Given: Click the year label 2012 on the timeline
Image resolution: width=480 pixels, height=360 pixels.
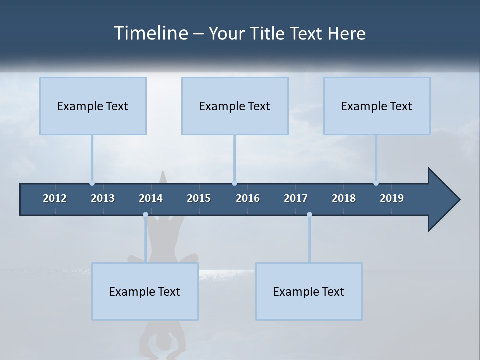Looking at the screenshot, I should [55, 198].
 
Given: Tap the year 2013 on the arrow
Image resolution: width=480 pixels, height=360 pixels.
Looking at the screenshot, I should [103, 198].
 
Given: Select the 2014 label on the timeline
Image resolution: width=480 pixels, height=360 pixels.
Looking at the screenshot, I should [151, 198].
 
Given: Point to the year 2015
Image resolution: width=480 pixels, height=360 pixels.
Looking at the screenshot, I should [199, 198].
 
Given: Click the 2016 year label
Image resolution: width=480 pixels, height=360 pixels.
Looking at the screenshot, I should [248, 198].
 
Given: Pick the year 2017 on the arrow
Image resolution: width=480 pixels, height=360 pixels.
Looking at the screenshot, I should [296, 198].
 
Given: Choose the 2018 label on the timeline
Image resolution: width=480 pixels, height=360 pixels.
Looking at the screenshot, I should [344, 198].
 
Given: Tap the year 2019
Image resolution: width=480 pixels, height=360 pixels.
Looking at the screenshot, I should [392, 198].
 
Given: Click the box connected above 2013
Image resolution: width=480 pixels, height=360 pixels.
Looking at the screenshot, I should [93, 106].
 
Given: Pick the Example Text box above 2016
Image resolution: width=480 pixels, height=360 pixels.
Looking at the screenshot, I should [235, 106].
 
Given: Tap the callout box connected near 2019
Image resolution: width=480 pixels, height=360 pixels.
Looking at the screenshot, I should [377, 106].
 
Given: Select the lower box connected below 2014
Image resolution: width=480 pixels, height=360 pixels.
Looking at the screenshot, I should [145, 291].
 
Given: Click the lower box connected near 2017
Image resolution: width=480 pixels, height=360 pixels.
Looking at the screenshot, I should [309, 291].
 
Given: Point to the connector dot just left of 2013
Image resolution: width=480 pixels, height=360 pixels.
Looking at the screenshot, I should [92, 183].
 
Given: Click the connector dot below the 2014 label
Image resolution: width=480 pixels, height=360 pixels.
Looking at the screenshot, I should [145, 215].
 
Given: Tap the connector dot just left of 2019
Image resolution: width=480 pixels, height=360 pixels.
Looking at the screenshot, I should [376, 183].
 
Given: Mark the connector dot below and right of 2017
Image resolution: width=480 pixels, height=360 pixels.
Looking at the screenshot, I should [309, 215].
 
